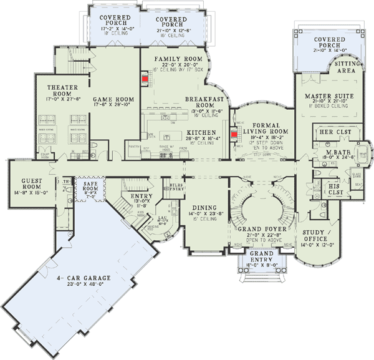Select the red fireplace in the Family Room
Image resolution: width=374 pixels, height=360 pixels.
pyautogui.click(x=144, y=79)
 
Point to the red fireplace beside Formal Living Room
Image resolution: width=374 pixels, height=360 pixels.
pyautogui.click(x=235, y=134)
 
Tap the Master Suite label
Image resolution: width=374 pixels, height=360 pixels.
pyautogui.click(x=326, y=96)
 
